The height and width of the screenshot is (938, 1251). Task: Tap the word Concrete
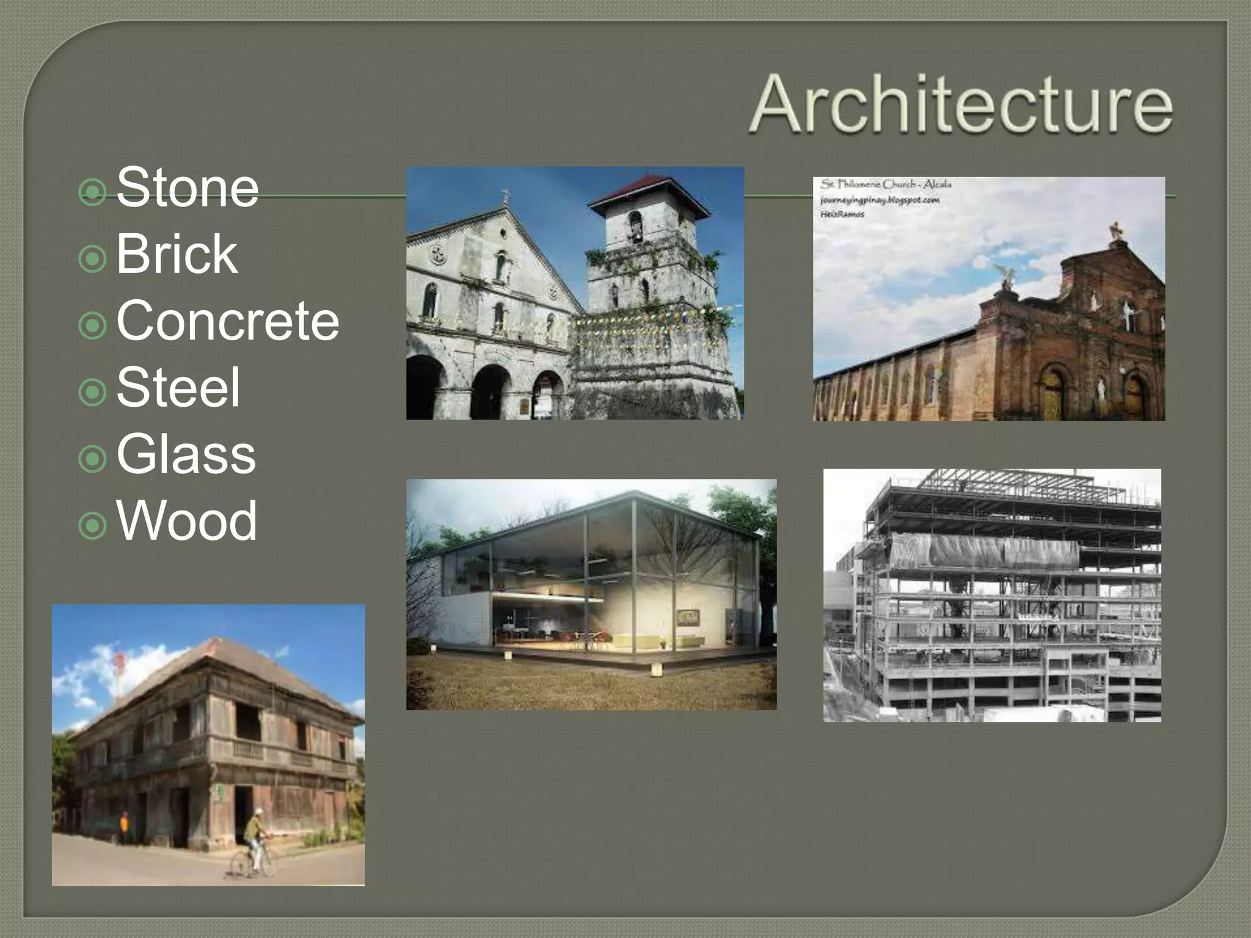click(x=227, y=321)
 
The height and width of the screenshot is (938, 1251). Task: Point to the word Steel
click(x=178, y=387)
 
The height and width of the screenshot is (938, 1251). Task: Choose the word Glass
click(x=186, y=454)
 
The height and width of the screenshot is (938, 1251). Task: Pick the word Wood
click(x=186, y=520)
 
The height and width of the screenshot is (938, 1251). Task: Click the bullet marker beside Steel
click(x=93, y=393)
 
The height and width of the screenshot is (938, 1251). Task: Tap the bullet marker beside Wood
click(x=93, y=526)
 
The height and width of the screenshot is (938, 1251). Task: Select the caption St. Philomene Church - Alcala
click(x=886, y=184)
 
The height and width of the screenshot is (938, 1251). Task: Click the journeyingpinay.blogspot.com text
click(x=880, y=200)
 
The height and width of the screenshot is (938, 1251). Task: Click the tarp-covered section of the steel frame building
click(x=983, y=552)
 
